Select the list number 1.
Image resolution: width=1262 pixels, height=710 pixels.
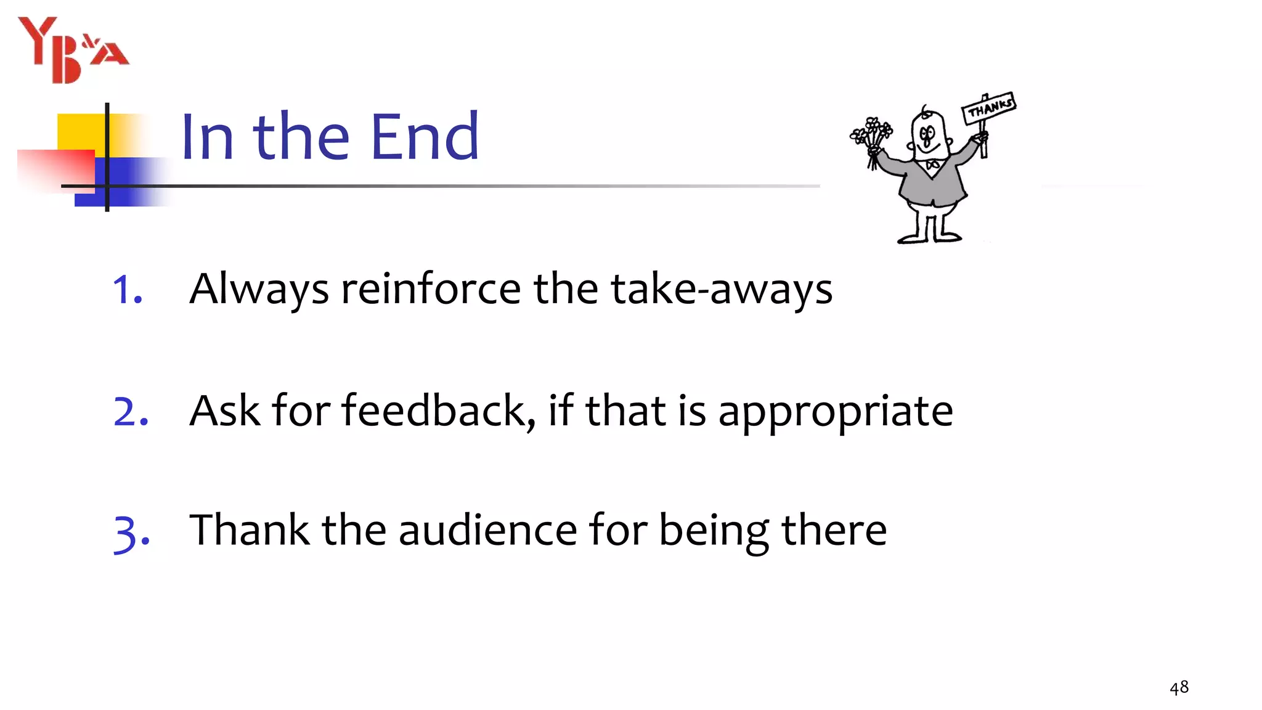[x=127, y=290]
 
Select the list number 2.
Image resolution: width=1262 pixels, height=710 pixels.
[x=131, y=411]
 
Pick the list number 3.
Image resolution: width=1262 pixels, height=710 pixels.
[x=131, y=532]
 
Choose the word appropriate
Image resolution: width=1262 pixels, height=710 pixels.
[x=836, y=412]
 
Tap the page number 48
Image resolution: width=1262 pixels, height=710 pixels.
[x=1179, y=688]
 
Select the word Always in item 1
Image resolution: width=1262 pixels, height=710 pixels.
[x=259, y=290]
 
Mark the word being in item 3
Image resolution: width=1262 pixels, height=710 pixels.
[x=714, y=531]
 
